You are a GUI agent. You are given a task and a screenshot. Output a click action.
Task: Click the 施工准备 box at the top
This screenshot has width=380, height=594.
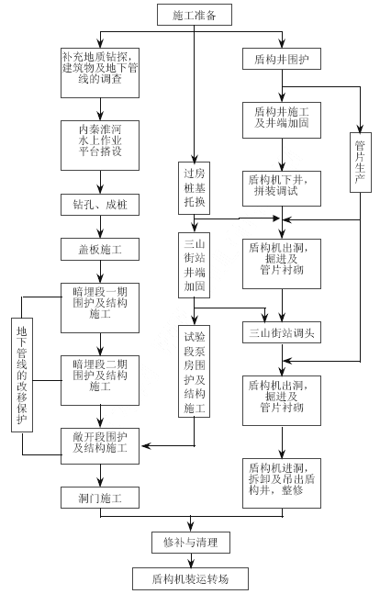[195, 15]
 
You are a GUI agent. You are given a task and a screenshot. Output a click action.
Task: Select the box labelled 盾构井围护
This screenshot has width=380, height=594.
[282, 59]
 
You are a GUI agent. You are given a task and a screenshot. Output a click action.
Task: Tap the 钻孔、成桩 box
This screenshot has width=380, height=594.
[100, 205]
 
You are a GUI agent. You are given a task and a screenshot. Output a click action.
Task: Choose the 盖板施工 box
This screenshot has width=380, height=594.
[100, 250]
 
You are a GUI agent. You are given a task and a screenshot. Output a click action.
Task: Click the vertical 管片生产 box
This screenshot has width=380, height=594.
[361, 163]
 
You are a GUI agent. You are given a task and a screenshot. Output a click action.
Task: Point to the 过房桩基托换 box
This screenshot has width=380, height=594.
[194, 188]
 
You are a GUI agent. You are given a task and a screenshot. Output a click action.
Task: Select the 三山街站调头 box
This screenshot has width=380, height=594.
[282, 332]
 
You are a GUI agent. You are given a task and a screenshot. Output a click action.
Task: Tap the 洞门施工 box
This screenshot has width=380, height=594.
[100, 498]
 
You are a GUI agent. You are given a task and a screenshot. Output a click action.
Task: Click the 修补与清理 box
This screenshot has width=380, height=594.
[191, 542]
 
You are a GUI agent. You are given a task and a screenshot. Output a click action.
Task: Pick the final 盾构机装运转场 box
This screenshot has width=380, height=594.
[191, 578]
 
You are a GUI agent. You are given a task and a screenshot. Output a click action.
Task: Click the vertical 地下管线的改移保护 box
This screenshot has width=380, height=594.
[22, 375]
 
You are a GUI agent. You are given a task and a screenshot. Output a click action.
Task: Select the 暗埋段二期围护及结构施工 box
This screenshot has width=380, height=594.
[100, 380]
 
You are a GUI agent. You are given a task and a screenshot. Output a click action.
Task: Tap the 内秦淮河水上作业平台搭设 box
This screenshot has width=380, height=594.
[100, 145]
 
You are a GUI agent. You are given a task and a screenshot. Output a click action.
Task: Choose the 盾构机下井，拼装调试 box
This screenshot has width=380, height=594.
[282, 188]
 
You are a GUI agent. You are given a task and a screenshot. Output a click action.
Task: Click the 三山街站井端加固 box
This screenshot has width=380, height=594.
[194, 265]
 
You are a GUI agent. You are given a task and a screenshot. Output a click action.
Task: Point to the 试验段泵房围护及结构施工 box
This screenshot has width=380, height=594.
[194, 371]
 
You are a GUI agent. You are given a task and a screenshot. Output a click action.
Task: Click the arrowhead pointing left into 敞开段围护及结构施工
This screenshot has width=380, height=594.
[146, 446]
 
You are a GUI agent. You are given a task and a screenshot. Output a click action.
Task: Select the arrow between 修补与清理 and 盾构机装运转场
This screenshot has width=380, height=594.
[191, 560]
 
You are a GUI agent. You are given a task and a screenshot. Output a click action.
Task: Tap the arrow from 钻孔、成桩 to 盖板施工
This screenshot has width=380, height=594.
[100, 227]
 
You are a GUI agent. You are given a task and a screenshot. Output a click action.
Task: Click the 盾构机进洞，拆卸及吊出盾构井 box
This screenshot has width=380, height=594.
[282, 483]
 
